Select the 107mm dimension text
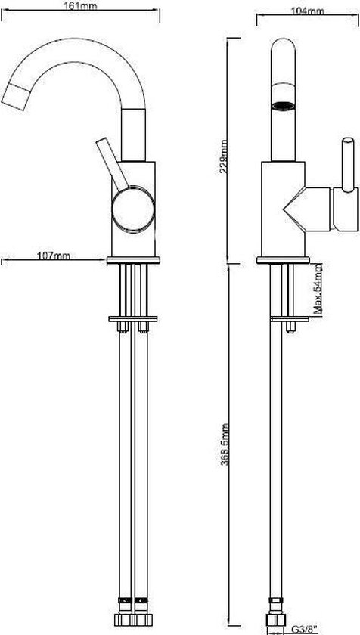click(54, 256)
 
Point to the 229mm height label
click(222, 156)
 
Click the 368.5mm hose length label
click(225, 444)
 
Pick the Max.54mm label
click(318, 289)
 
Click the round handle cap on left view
click(133, 210)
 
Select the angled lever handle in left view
click(112, 163)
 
